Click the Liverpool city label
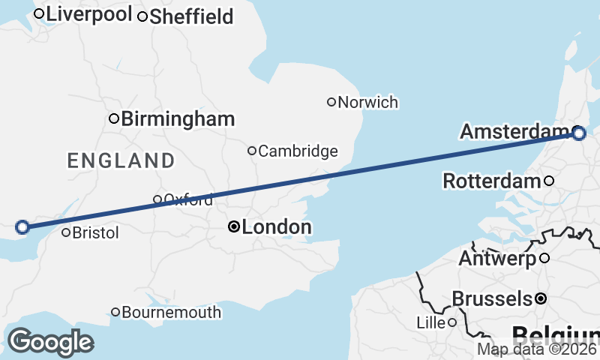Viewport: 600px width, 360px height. coord(89,14)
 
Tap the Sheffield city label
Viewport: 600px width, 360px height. coord(191,16)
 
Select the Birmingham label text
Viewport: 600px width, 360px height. coord(178,118)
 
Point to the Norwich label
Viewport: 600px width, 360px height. coord(367,103)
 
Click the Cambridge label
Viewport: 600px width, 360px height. coord(298,151)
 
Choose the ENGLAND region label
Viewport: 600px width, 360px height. coord(121,160)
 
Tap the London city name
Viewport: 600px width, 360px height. coord(277,226)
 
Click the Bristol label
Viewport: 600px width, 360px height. coord(95,233)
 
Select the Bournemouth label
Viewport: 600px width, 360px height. coord(171,313)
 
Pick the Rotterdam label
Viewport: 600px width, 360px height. coord(492,181)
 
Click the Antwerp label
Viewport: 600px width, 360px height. coord(496,259)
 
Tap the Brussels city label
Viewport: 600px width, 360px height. coord(492,299)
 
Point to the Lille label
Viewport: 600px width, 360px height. coord(430,323)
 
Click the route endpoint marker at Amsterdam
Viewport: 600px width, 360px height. coord(578,133)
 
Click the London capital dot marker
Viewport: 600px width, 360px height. coord(235,226)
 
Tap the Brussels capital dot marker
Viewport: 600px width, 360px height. coord(541,298)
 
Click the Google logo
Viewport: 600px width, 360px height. coord(49,342)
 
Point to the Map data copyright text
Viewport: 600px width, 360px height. coord(538,349)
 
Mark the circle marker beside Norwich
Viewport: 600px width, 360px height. coord(331,102)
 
